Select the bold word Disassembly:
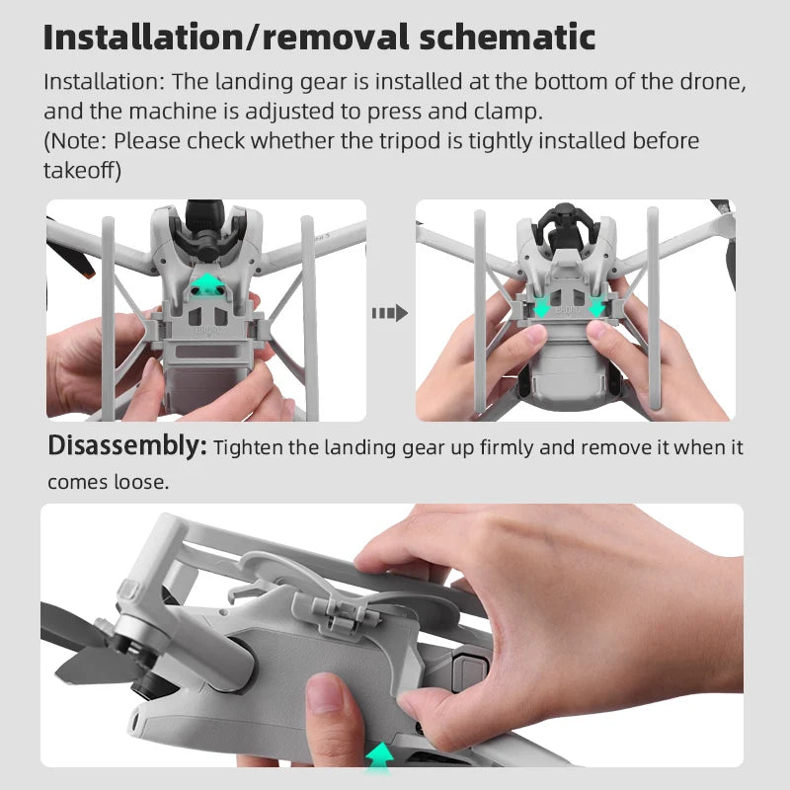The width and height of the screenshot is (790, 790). pyautogui.click(x=127, y=447)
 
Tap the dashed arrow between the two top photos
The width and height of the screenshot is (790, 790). pyautogui.click(x=389, y=313)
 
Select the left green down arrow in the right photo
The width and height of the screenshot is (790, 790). pyautogui.click(x=541, y=307)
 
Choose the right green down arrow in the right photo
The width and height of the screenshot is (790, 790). pyautogui.click(x=596, y=307)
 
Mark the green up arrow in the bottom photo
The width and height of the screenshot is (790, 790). pyautogui.click(x=380, y=755)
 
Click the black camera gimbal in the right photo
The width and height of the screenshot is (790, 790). pyautogui.click(x=565, y=225)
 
